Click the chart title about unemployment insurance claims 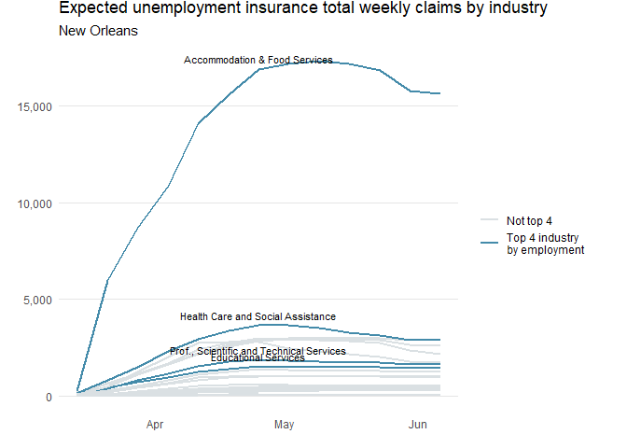click(x=302, y=9)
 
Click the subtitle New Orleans click(x=98, y=31)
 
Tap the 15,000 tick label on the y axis click(x=35, y=106)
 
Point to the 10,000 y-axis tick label click(x=35, y=203)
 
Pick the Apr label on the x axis click(x=155, y=426)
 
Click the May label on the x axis click(x=285, y=426)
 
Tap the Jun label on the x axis click(x=418, y=426)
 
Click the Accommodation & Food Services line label click(x=258, y=60)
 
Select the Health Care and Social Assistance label click(x=258, y=317)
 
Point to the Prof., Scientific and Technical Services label click(x=258, y=351)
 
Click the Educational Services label click(x=258, y=357)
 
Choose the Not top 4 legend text click(x=529, y=221)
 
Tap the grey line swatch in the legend click(x=490, y=220)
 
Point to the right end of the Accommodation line click(x=440, y=93)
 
